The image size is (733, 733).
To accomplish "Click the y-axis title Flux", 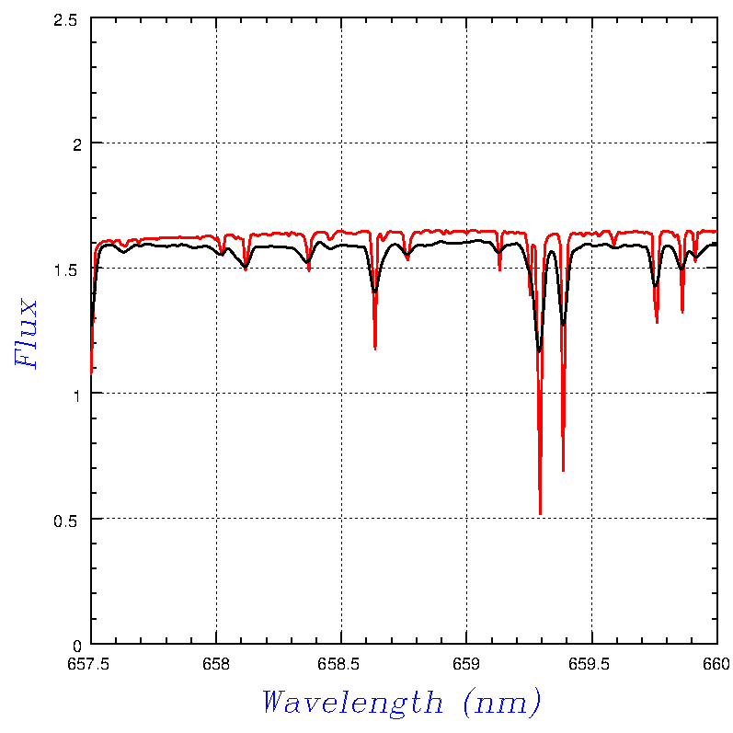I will [28, 333].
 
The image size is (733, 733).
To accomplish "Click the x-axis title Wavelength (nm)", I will [401, 703].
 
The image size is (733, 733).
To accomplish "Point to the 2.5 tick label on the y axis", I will [65, 18].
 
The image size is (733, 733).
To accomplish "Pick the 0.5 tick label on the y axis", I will [65, 519].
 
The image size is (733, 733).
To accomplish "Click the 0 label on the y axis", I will [77, 644].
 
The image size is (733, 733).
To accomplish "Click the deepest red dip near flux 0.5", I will [540, 513].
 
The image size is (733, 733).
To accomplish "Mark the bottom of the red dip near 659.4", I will [563, 470].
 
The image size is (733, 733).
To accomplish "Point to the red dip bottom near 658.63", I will [375, 349].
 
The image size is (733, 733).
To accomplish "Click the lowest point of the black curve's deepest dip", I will [540, 351].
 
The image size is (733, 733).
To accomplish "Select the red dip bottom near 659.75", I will [657, 322].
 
